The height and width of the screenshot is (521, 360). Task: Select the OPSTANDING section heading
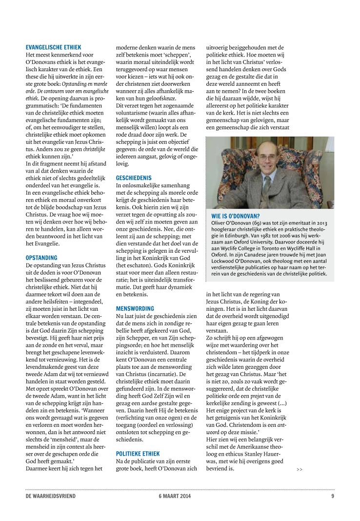pyautogui.click(x=41, y=257)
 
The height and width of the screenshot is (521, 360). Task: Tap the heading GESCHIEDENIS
pyautogui.click(x=134, y=179)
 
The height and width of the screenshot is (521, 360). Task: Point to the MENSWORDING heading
pyautogui.click(x=135, y=308)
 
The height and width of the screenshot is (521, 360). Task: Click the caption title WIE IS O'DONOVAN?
pyautogui.click(x=235, y=216)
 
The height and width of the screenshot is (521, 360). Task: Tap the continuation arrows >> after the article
pyautogui.click(x=299, y=469)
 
